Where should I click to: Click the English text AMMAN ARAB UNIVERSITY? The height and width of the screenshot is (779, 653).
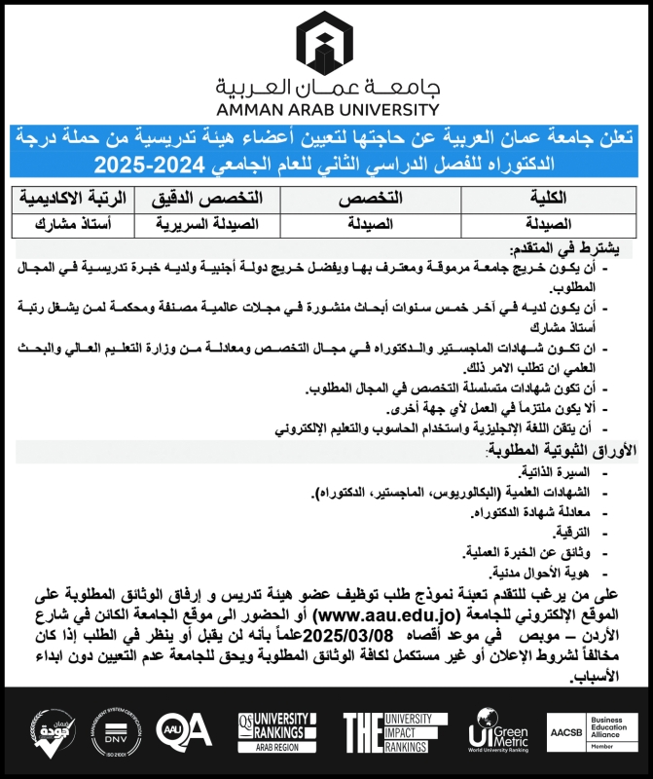[326, 110]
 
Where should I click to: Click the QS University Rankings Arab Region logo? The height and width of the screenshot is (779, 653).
[277, 730]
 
